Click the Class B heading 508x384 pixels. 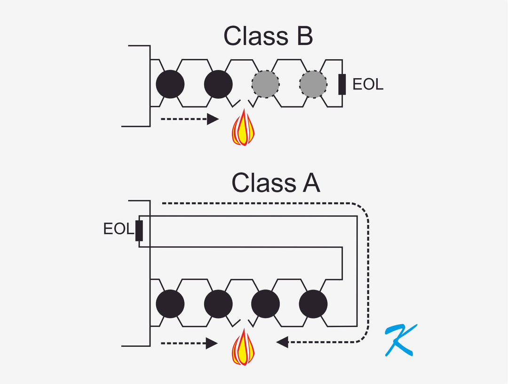tap(268, 36)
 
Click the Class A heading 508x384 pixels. tap(276, 183)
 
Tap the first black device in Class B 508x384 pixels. tap(170, 84)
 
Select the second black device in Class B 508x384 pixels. tap(218, 84)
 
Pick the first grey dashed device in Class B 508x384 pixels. tap(266, 84)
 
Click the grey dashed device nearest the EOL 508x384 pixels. tap(313, 84)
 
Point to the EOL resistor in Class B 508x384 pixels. tap(342, 84)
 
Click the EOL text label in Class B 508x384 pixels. tap(368, 85)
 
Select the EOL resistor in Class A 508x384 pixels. tap(139, 230)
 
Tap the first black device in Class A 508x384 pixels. tap(170, 304)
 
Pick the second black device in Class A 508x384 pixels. tap(218, 304)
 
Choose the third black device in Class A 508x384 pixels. tap(266, 304)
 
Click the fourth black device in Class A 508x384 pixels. tap(313, 304)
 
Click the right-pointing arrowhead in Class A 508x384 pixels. tap(213, 343)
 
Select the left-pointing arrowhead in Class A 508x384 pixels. tap(282, 342)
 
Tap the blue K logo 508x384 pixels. tap(399, 340)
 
